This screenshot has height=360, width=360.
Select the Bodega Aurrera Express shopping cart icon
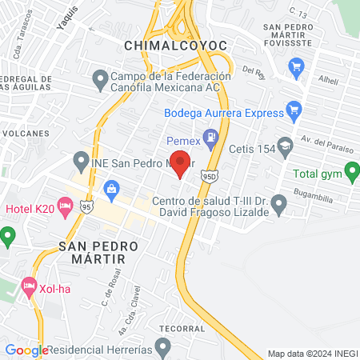pos(294,109)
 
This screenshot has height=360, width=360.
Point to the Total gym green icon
pos(350,172)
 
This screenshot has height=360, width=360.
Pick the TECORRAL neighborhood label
pos(179,327)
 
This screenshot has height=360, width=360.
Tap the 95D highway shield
pos(207,175)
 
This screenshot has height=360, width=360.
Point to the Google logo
pos(26,350)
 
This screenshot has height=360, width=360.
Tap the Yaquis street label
pos(69,18)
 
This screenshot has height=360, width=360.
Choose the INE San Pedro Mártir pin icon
pos(79,160)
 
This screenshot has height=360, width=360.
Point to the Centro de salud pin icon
pos(278,206)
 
